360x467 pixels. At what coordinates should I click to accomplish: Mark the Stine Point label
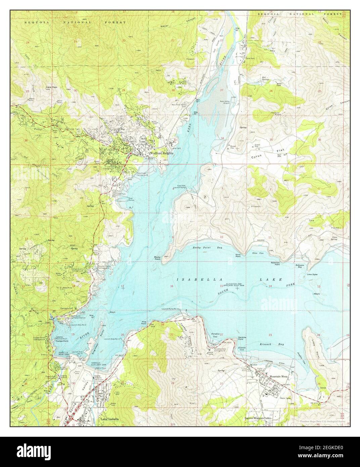pos(238,256)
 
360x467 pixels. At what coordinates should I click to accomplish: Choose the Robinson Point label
pos(275,264)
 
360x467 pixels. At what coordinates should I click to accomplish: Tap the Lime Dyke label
pos(312,274)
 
